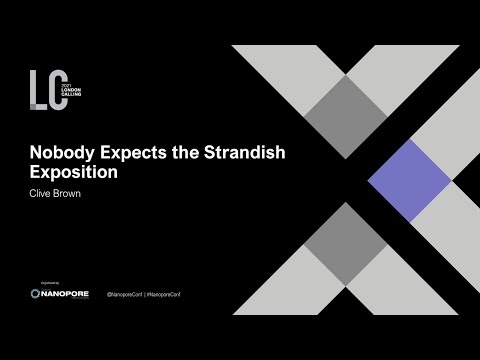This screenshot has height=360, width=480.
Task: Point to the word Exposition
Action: [x=65, y=172]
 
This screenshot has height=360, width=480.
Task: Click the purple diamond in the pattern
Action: [x=407, y=180]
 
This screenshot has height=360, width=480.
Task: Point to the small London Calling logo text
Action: [x=78, y=89]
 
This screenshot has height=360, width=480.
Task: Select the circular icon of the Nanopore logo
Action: [x=36, y=295]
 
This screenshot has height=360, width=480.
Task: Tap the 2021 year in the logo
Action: [x=71, y=79]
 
